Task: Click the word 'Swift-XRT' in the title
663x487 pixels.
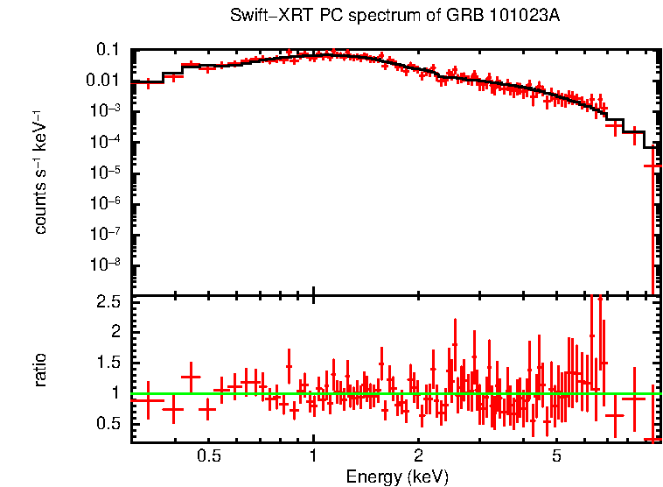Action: coord(262,16)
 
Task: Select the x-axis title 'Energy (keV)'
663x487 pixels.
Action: coord(397,476)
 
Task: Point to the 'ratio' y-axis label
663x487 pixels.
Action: coord(41,370)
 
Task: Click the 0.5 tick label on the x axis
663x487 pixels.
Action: coord(208,456)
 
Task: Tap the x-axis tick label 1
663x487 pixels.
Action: coord(313,456)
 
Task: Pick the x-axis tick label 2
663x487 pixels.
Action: coord(419,456)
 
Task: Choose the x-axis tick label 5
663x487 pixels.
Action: coord(557,456)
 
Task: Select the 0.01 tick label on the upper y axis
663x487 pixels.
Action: coord(103,81)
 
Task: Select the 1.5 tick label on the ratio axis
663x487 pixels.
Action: coord(108,363)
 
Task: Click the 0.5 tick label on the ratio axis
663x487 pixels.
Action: coord(108,424)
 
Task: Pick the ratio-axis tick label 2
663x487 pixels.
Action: coord(115,332)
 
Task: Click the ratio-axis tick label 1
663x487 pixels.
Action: coord(115,393)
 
